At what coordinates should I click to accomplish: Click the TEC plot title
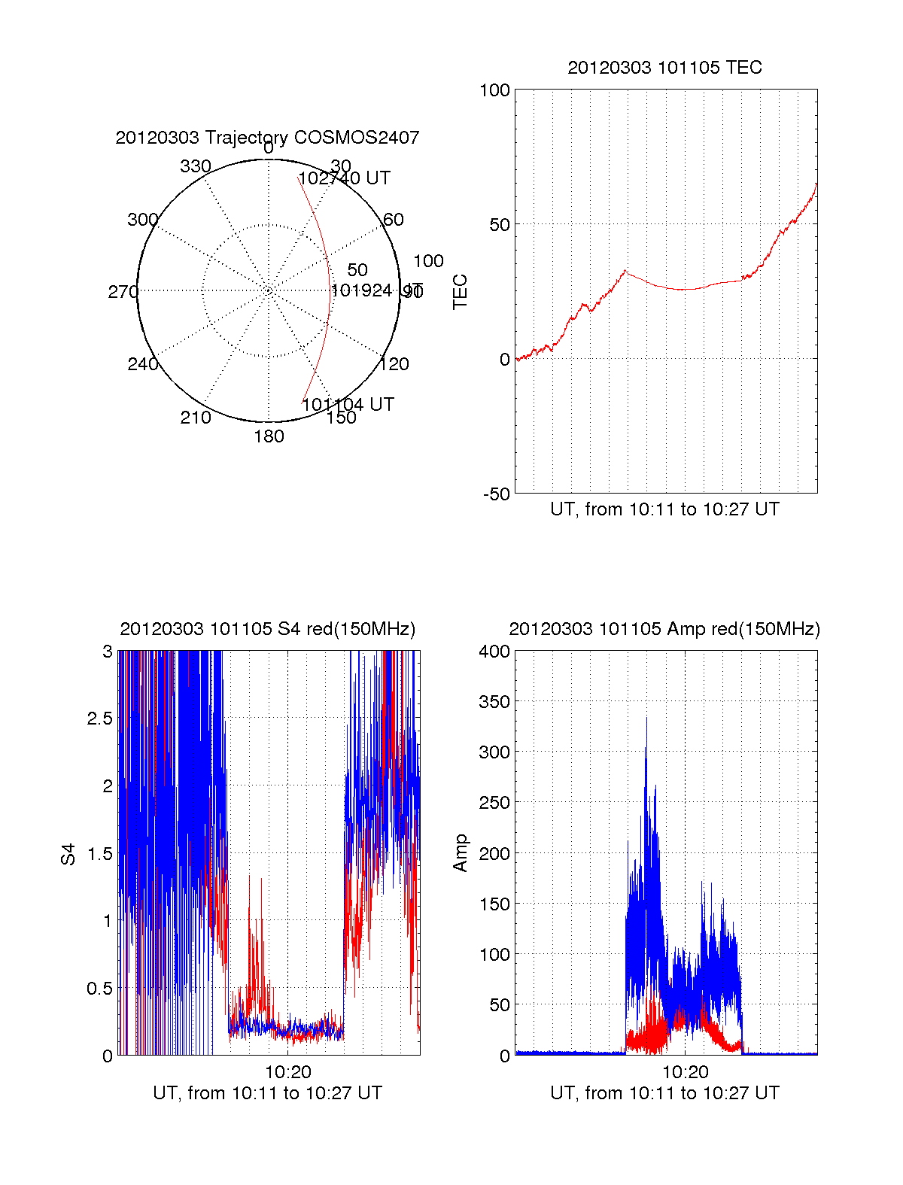pos(664,68)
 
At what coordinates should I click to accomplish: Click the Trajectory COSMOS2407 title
pos(267,138)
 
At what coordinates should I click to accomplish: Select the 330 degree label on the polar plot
pos(196,166)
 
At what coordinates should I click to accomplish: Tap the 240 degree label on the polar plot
pos(142,364)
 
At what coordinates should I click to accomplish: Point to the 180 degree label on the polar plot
pos(269,436)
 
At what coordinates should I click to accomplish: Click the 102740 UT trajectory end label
pos(345,178)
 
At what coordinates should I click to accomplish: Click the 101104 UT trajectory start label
pos(348,404)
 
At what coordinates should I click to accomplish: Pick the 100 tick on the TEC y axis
pos(494,90)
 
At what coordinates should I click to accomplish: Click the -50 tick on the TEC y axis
pos(497,494)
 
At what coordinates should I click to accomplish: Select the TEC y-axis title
pos(460,292)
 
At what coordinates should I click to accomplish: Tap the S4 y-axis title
pos(68,854)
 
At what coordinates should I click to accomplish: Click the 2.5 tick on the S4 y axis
pos(99,719)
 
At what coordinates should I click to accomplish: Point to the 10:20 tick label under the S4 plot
pos(287,1072)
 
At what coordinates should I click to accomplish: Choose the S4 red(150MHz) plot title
pos(267,629)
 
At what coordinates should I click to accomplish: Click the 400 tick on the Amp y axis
pos(494,652)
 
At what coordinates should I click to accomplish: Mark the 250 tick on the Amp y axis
pos(494,803)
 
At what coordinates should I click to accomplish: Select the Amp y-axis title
pos(460,853)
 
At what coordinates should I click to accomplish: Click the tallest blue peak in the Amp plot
pos(646,719)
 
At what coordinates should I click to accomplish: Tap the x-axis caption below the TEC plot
pos(664,509)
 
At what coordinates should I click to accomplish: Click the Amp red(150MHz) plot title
pos(664,629)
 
